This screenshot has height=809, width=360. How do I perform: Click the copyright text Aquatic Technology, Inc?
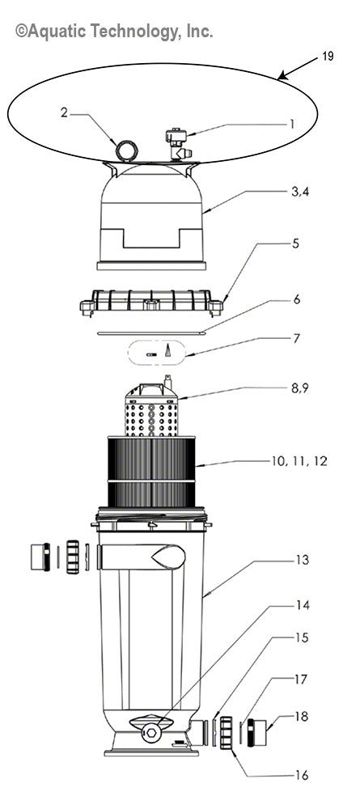(114, 32)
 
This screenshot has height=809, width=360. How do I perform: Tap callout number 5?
(273, 266)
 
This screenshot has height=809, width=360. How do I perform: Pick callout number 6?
(273, 299)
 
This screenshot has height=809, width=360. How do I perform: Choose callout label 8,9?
(277, 388)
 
